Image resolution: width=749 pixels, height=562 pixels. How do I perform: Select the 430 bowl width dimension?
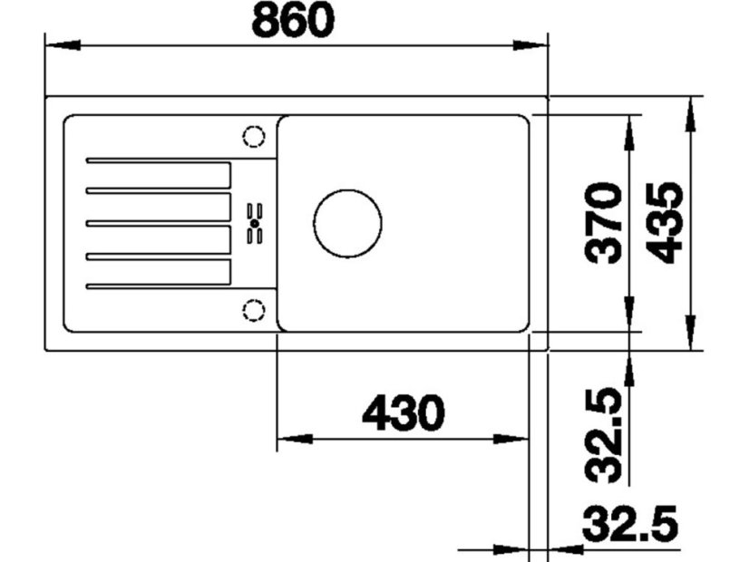403,414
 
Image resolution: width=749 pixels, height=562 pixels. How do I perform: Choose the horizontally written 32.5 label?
629,526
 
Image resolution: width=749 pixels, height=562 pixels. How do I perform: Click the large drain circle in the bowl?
347,223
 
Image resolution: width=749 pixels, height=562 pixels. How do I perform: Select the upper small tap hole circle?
253,137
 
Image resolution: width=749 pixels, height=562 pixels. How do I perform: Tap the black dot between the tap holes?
254,223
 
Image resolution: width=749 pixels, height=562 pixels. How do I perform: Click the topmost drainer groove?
159,161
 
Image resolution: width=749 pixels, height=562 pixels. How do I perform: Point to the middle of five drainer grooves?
159,223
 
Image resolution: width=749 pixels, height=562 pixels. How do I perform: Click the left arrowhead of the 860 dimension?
59,44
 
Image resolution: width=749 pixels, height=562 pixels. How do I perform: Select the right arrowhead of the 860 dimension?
535,44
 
